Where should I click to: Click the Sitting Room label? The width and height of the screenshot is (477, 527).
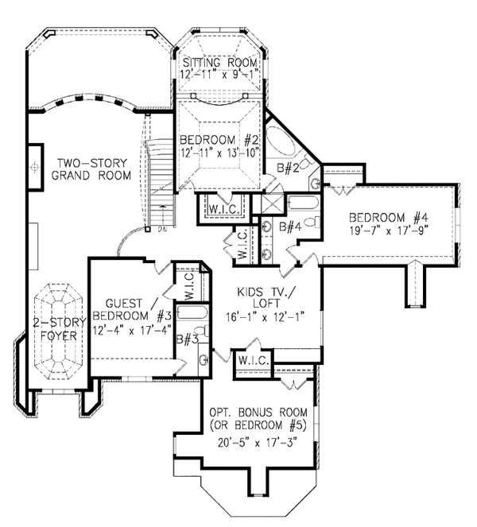click(x=220, y=63)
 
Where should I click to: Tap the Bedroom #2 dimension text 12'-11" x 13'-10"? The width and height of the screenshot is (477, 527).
click(x=220, y=153)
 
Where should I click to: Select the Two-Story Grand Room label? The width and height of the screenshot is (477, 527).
click(x=91, y=169)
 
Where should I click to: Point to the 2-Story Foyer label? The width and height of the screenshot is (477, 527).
click(x=60, y=329)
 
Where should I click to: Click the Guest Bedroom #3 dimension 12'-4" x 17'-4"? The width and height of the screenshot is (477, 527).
click(x=132, y=330)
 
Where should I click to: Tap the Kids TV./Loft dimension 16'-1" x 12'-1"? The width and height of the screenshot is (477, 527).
click(x=266, y=316)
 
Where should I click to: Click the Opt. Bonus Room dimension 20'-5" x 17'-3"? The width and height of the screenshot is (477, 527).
click(x=258, y=443)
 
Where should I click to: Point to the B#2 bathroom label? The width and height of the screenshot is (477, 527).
click(x=288, y=168)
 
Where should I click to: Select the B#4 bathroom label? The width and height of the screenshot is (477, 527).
click(x=290, y=227)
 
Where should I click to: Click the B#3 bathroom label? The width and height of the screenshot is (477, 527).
click(x=188, y=339)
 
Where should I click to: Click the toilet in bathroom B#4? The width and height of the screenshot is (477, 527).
click(x=312, y=222)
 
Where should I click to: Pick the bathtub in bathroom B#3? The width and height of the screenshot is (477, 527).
click(x=192, y=312)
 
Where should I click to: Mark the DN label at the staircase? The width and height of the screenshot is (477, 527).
click(x=162, y=231)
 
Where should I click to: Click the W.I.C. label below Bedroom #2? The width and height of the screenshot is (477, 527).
click(x=224, y=209)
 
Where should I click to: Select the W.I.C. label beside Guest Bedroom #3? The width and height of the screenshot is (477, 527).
click(x=189, y=286)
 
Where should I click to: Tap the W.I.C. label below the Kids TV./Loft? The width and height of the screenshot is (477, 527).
click(x=254, y=361)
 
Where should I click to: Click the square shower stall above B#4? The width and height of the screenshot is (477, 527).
click(x=273, y=203)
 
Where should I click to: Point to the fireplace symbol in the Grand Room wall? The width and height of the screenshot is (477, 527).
click(x=35, y=167)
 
